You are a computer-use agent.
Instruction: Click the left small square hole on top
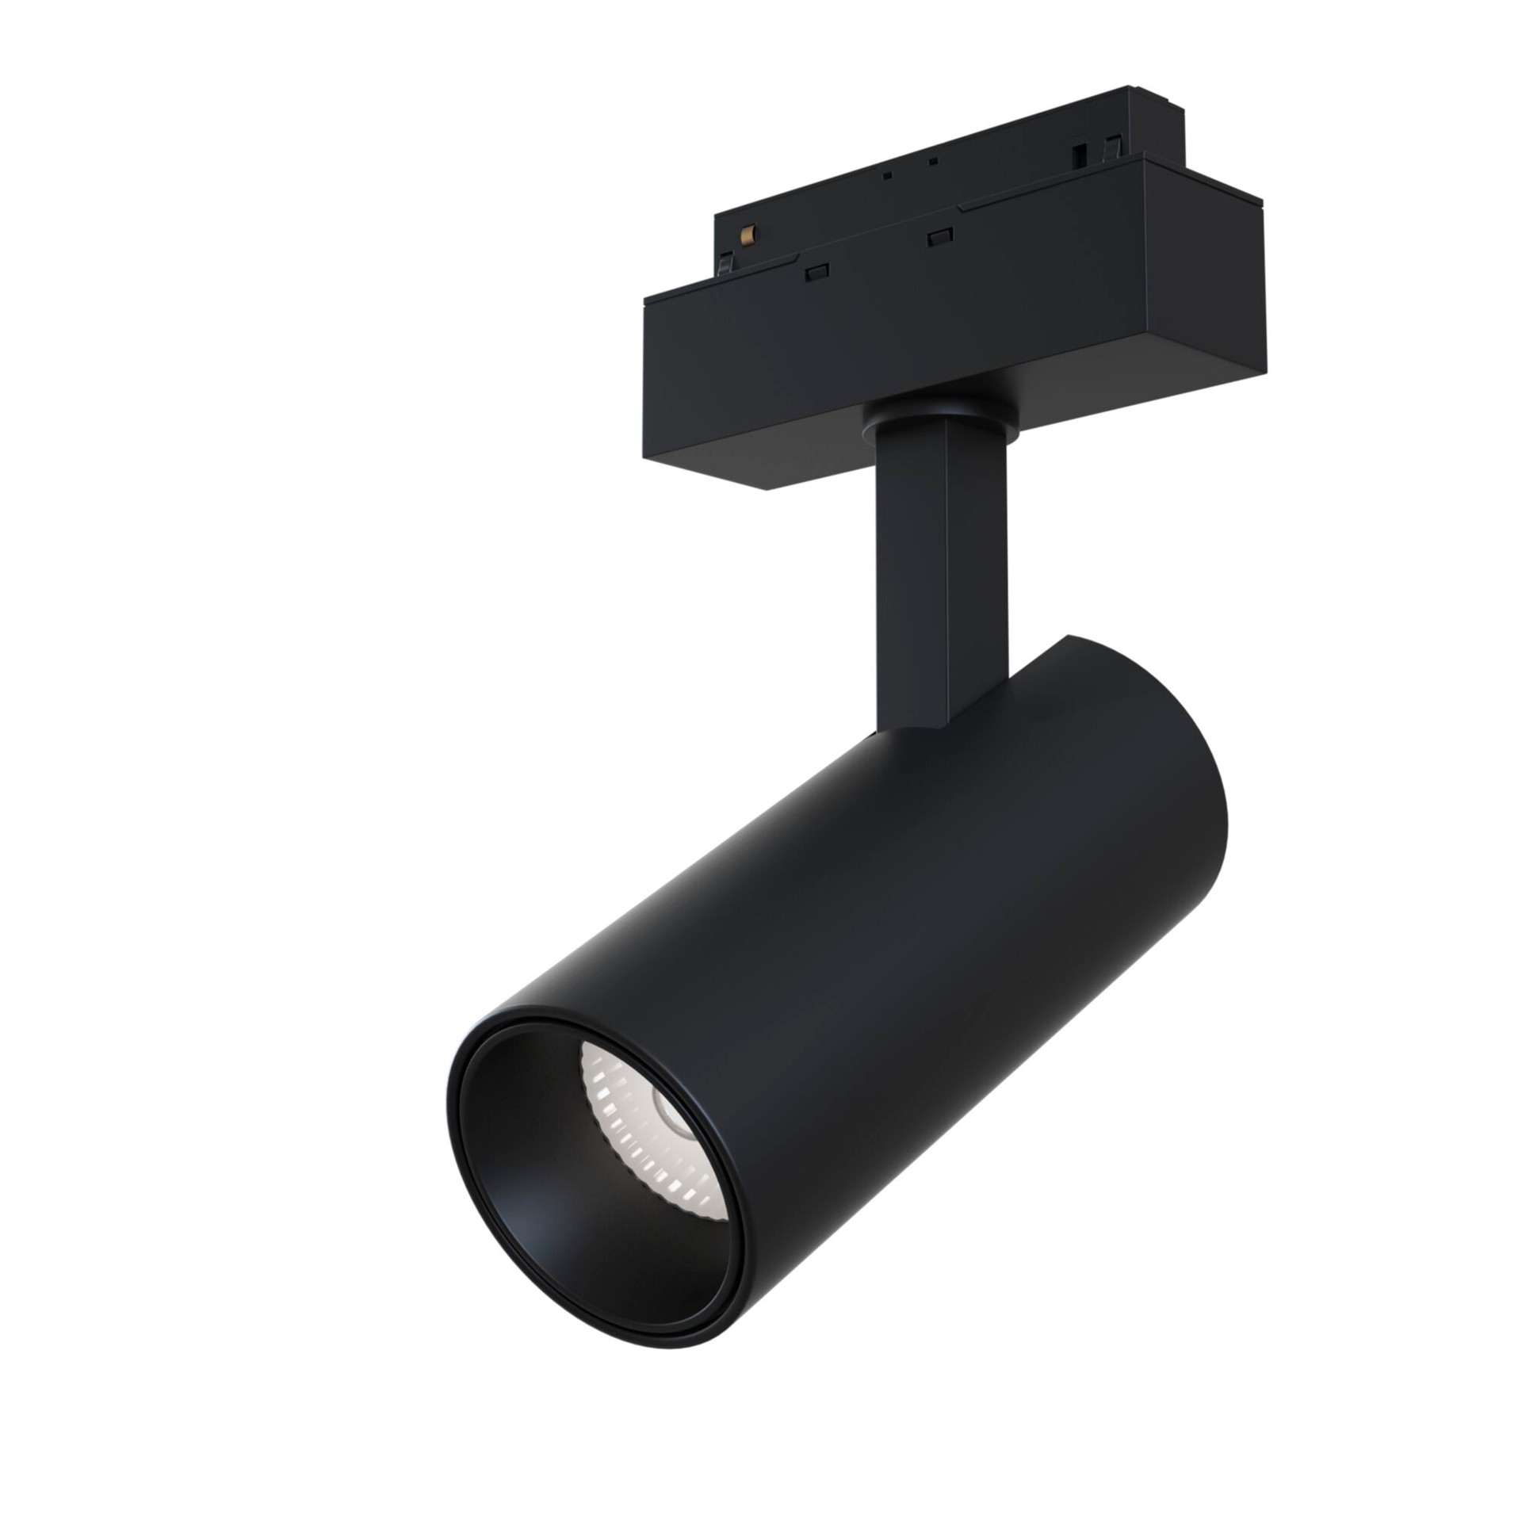click(888, 174)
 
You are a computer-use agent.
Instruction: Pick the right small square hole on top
click(934, 162)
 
